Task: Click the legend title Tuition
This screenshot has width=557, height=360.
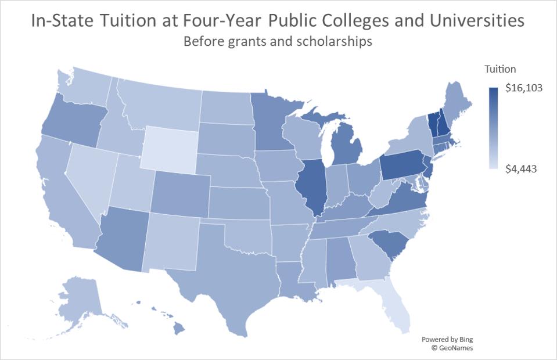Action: [500, 69]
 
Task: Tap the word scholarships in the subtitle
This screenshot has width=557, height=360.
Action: [336, 42]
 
